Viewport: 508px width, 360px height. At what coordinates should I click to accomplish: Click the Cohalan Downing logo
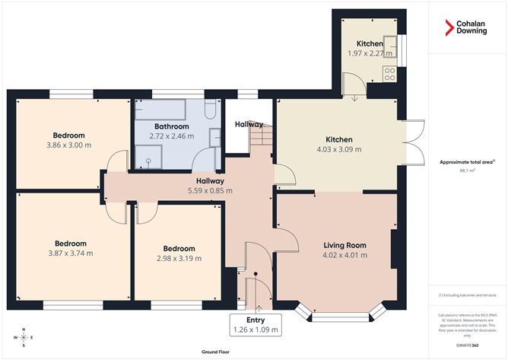(467, 28)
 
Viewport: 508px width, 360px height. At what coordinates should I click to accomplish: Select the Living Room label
(344, 245)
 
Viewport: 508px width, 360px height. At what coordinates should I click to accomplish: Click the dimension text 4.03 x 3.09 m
(338, 150)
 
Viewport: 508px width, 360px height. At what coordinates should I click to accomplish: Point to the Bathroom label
(171, 126)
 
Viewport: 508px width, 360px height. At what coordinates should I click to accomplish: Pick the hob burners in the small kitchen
(389, 75)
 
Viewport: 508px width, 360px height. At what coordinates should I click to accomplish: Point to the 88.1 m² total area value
(467, 171)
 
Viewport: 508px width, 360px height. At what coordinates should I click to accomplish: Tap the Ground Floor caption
(216, 352)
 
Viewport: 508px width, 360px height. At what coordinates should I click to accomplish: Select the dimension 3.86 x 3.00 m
(69, 145)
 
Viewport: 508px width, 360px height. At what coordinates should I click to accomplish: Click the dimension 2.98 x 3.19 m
(179, 258)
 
